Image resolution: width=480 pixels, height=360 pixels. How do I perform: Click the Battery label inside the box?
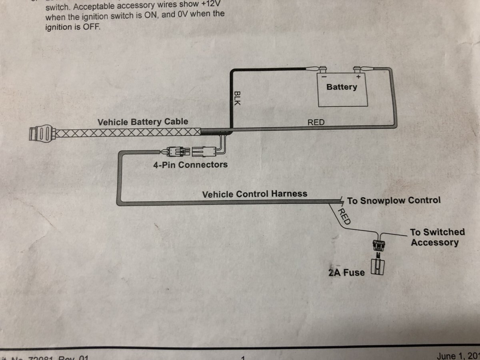(342, 87)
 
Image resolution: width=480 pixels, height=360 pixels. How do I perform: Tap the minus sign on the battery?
(324, 76)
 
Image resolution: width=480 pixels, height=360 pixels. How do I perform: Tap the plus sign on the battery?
(358, 76)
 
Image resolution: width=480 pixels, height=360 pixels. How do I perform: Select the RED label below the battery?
(316, 122)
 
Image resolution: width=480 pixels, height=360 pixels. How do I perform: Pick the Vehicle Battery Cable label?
(143, 122)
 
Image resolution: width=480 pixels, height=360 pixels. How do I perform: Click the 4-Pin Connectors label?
(190, 164)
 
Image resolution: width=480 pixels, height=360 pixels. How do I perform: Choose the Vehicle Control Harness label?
(255, 194)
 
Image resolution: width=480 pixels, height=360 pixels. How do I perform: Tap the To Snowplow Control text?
(394, 200)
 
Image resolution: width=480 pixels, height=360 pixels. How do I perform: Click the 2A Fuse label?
(346, 273)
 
